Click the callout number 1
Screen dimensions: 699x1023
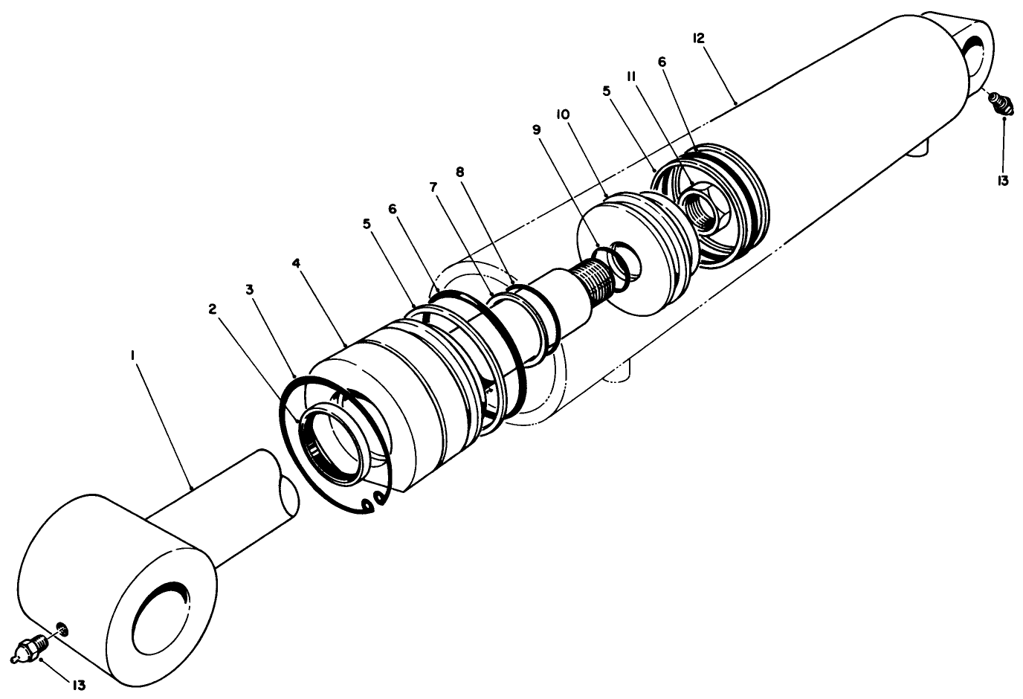pos(132,356)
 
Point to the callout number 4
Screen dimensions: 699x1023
pos(296,263)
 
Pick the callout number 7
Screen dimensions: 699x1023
pos(433,187)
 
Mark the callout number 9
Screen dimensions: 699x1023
pos(537,129)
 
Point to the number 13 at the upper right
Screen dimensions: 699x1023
pos(1004,181)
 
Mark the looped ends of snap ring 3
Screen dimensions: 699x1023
pos(373,501)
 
